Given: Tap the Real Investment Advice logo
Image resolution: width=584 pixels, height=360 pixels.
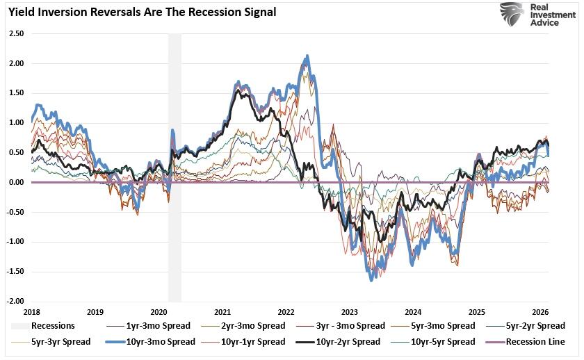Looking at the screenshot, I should click(532, 14).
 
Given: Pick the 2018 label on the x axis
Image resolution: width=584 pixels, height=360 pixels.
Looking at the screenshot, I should click(31, 313).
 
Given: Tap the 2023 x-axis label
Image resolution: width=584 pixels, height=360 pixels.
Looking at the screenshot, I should click(349, 313).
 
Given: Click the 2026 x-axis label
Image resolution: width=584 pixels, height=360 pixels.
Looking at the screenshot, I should click(540, 313).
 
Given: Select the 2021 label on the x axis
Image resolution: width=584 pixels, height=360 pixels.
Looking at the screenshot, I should click(222, 313).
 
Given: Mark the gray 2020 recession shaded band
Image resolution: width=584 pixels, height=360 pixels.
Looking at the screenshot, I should click(175, 167).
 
